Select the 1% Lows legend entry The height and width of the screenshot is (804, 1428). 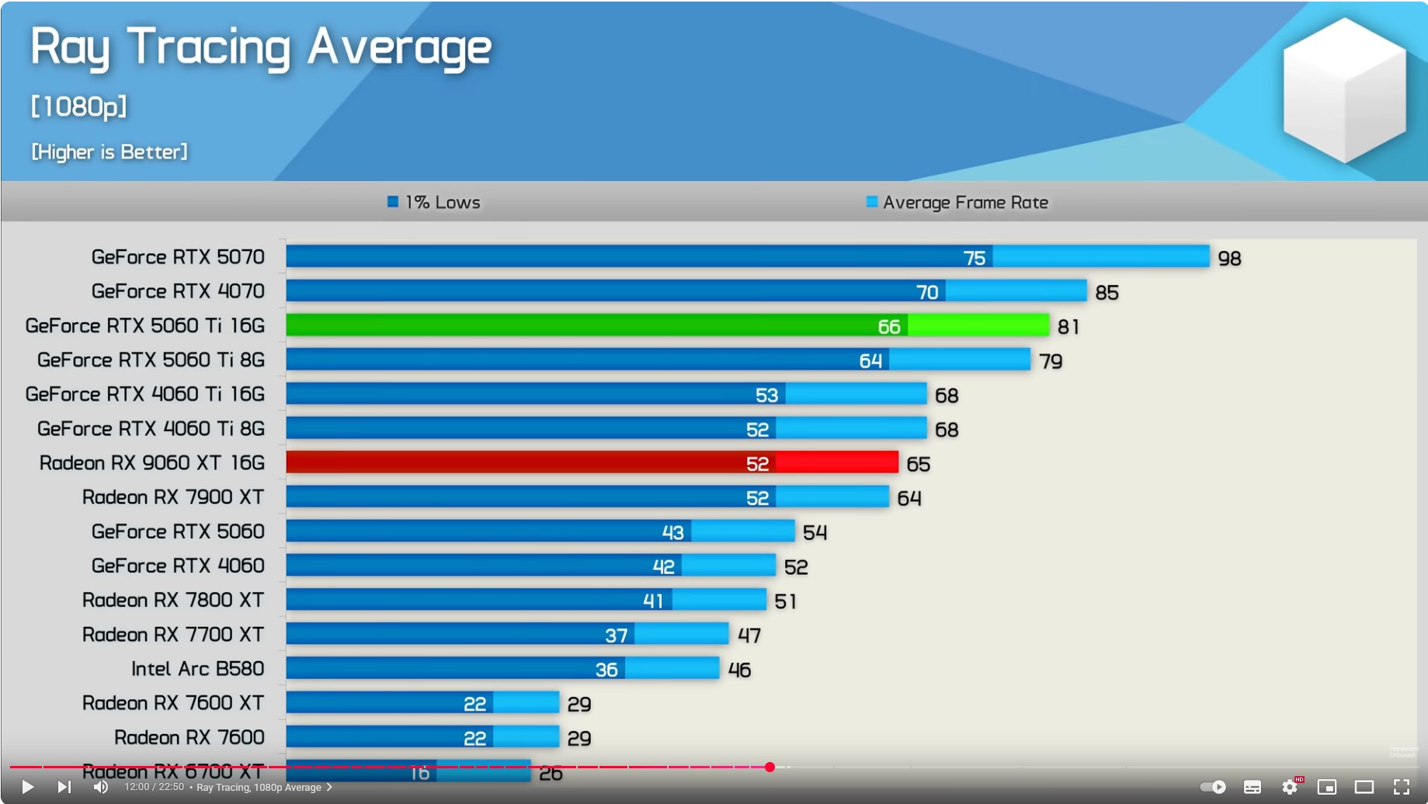pos(434,203)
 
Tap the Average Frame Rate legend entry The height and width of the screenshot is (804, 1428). pos(957,203)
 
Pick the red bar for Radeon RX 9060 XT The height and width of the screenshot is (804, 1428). pos(590,463)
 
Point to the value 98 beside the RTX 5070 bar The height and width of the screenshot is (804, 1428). pos(1229,259)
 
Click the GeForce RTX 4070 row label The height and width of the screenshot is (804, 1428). pos(178,291)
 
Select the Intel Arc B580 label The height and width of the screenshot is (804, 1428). pos(197,669)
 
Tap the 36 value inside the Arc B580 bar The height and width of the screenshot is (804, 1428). pos(606,670)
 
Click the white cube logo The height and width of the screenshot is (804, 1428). pos(1344,89)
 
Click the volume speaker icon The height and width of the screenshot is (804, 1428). pos(101,787)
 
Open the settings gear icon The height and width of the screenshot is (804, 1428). pos(1290,787)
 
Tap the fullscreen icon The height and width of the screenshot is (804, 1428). pos(1402,787)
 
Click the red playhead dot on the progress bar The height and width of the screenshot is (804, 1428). pos(770,767)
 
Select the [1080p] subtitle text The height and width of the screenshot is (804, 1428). pos(78,106)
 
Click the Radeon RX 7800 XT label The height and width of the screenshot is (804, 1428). pos(173,600)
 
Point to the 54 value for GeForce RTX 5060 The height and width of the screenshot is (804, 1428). pos(815,533)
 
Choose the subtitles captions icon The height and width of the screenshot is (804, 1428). pos(1253,787)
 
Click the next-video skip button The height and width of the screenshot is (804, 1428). pos(64,787)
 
